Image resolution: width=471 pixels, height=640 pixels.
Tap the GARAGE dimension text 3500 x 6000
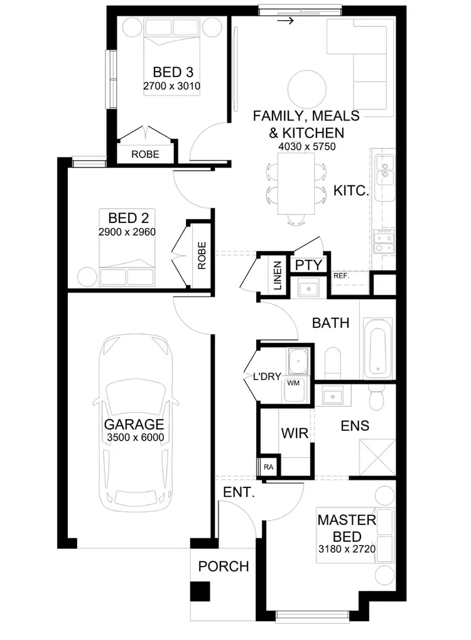pyautogui.click(x=134, y=438)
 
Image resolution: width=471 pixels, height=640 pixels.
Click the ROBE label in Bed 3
pyautogui.click(x=145, y=154)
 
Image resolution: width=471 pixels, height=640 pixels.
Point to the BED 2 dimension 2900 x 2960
pyautogui.click(x=127, y=231)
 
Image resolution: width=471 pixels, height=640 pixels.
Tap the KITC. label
pyautogui.click(x=350, y=191)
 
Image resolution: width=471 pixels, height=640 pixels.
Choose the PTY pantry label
pyautogui.click(x=308, y=265)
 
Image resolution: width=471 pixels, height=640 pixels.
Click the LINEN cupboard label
pyautogui.click(x=278, y=276)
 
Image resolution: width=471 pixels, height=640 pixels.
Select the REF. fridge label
pyautogui.click(x=341, y=276)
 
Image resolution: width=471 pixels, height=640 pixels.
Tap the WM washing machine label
pyautogui.click(x=293, y=382)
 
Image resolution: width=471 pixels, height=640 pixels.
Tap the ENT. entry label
pyautogui.click(x=239, y=493)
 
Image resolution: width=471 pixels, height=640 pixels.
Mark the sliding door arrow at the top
pyautogui.click(x=286, y=21)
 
